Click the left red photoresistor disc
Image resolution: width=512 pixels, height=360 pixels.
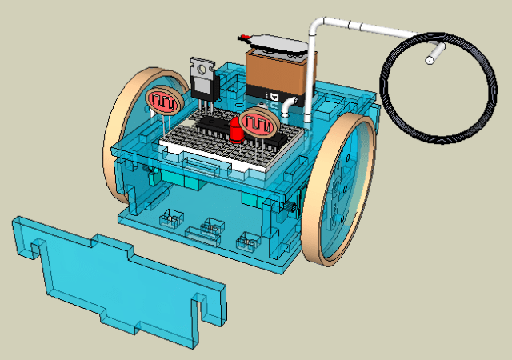tap(163, 102)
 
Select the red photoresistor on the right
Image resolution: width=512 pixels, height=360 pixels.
tap(258, 123)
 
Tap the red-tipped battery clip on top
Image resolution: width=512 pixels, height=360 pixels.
tap(244, 37)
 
